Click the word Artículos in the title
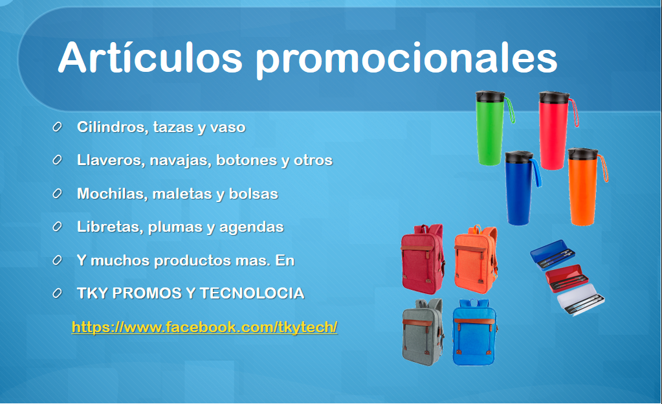tap(150, 58)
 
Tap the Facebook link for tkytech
tap(204, 327)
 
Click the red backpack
tap(423, 259)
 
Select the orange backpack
tap(476, 259)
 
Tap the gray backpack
tap(423, 331)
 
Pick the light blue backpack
tap(474, 332)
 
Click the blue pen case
tap(553, 257)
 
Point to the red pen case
tap(567, 278)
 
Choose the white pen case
tap(580, 300)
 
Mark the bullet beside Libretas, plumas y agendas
tap(57, 227)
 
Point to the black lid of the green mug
tap(490, 96)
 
